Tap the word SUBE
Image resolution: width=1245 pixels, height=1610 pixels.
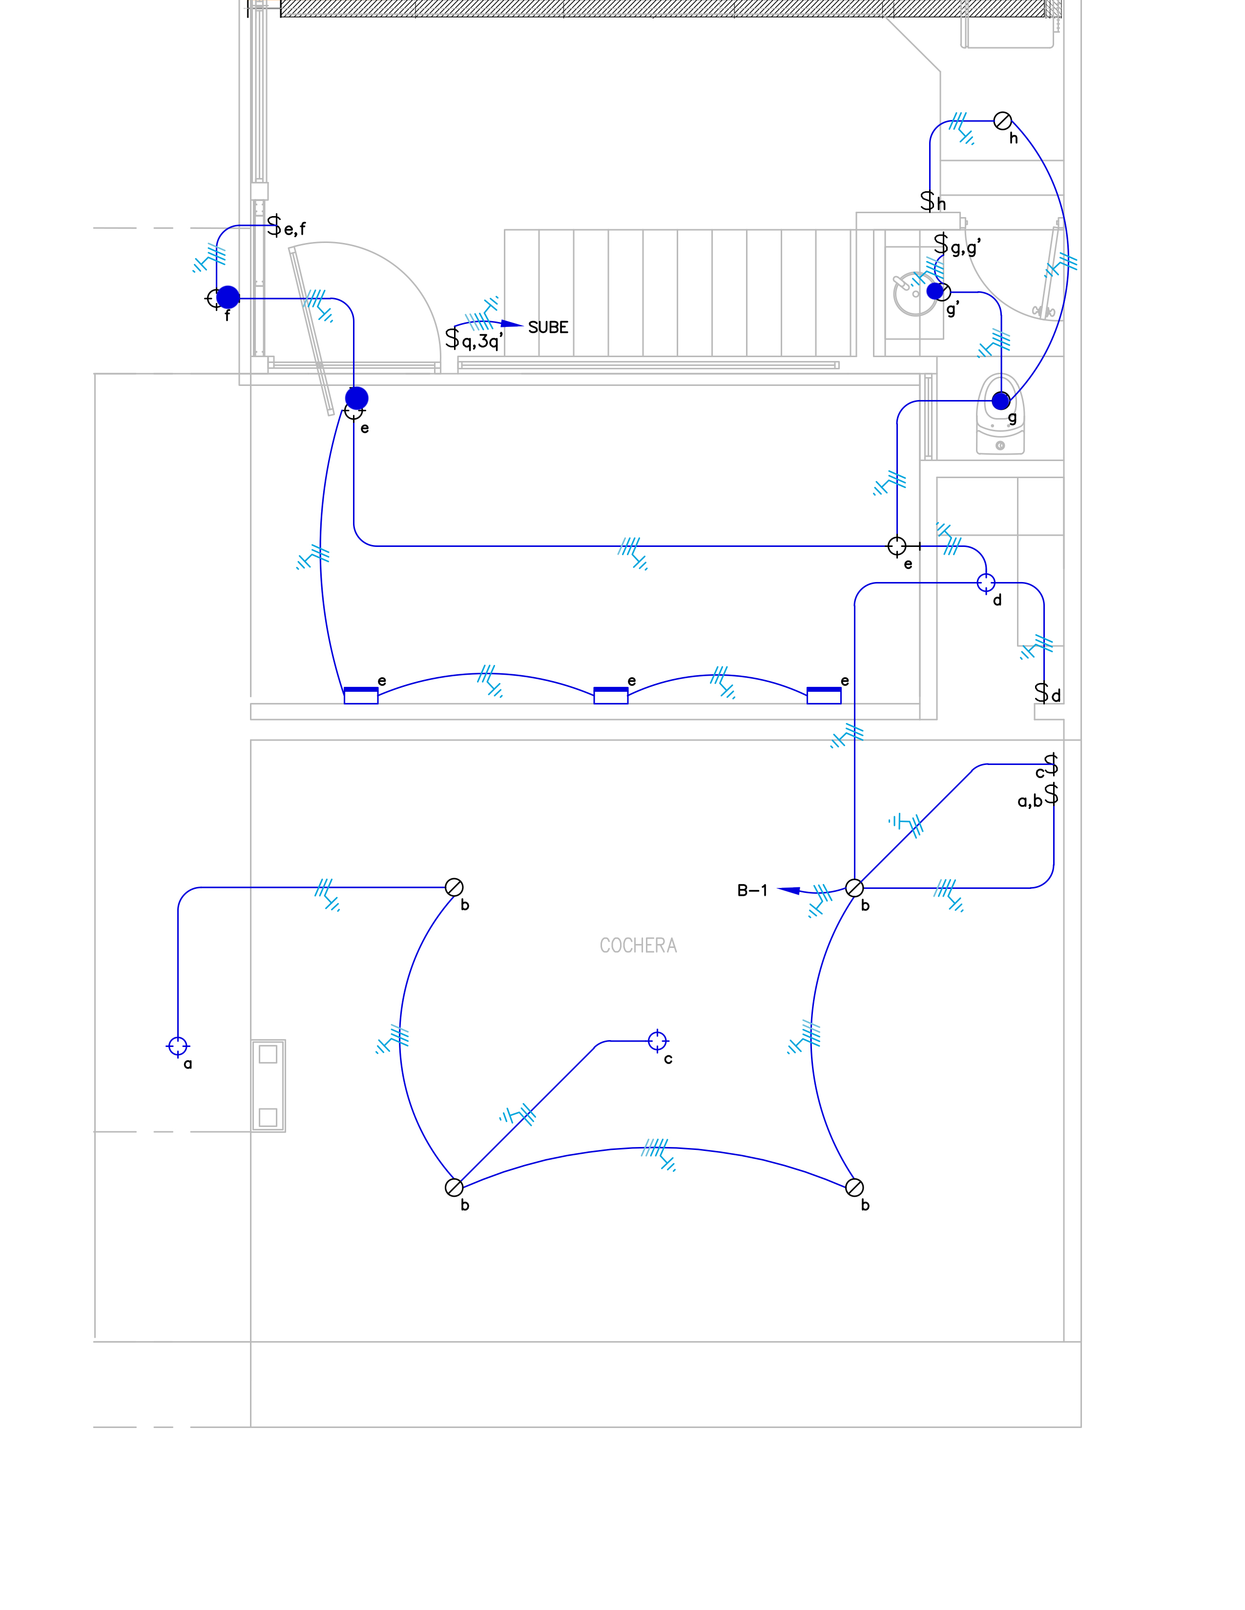[x=548, y=327]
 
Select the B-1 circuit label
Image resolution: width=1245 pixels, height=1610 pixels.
[x=752, y=890]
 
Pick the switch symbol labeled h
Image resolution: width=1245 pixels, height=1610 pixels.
[x=927, y=201]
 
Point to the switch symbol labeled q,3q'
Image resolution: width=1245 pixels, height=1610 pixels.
[x=452, y=339]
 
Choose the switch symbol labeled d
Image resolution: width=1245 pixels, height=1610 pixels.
[x=1041, y=693]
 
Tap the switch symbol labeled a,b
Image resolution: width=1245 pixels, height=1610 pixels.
[x=1052, y=793]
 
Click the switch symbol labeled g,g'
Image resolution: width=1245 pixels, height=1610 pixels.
[x=941, y=244]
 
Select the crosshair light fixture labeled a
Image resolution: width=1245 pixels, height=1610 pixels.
[x=178, y=1046]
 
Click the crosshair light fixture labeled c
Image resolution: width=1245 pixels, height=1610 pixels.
[x=657, y=1041]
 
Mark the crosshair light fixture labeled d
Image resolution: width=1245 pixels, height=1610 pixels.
[x=986, y=583]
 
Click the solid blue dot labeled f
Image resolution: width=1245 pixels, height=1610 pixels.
[x=228, y=297]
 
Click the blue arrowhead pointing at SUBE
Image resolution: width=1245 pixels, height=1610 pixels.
[x=512, y=323]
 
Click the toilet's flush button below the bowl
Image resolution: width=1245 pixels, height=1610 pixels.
[x=1000, y=445]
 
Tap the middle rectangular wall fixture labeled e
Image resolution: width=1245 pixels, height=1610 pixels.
[x=611, y=695]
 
